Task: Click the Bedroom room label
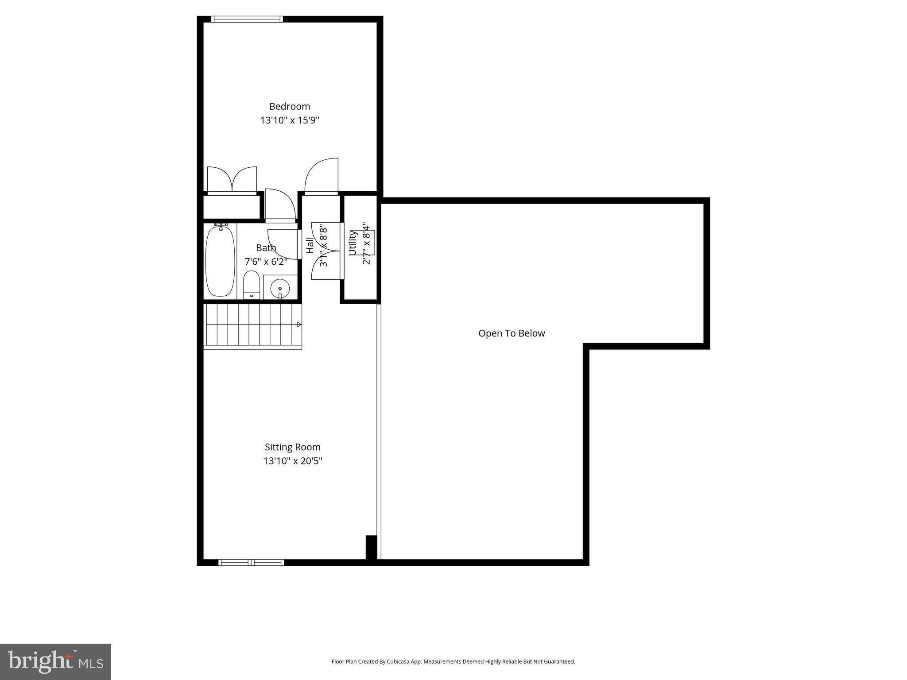pyautogui.click(x=290, y=106)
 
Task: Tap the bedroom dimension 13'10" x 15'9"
pyautogui.click(x=290, y=120)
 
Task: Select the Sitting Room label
pyautogui.click(x=292, y=447)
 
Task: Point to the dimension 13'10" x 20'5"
pyautogui.click(x=292, y=461)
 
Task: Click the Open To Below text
pyautogui.click(x=512, y=333)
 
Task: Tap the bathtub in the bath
pyautogui.click(x=220, y=261)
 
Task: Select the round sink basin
pyautogui.click(x=280, y=289)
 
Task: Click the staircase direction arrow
pyautogui.click(x=299, y=325)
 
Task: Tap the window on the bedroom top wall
pyautogui.click(x=247, y=19)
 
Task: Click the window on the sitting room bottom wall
pyautogui.click(x=251, y=562)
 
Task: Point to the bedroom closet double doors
pyautogui.click(x=232, y=180)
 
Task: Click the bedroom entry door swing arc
pyautogui.click(x=322, y=176)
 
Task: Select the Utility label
pyautogui.click(x=353, y=243)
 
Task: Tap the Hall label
pyautogui.click(x=310, y=245)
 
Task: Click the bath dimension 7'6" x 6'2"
pyautogui.click(x=266, y=262)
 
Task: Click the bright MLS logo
pyautogui.click(x=55, y=662)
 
